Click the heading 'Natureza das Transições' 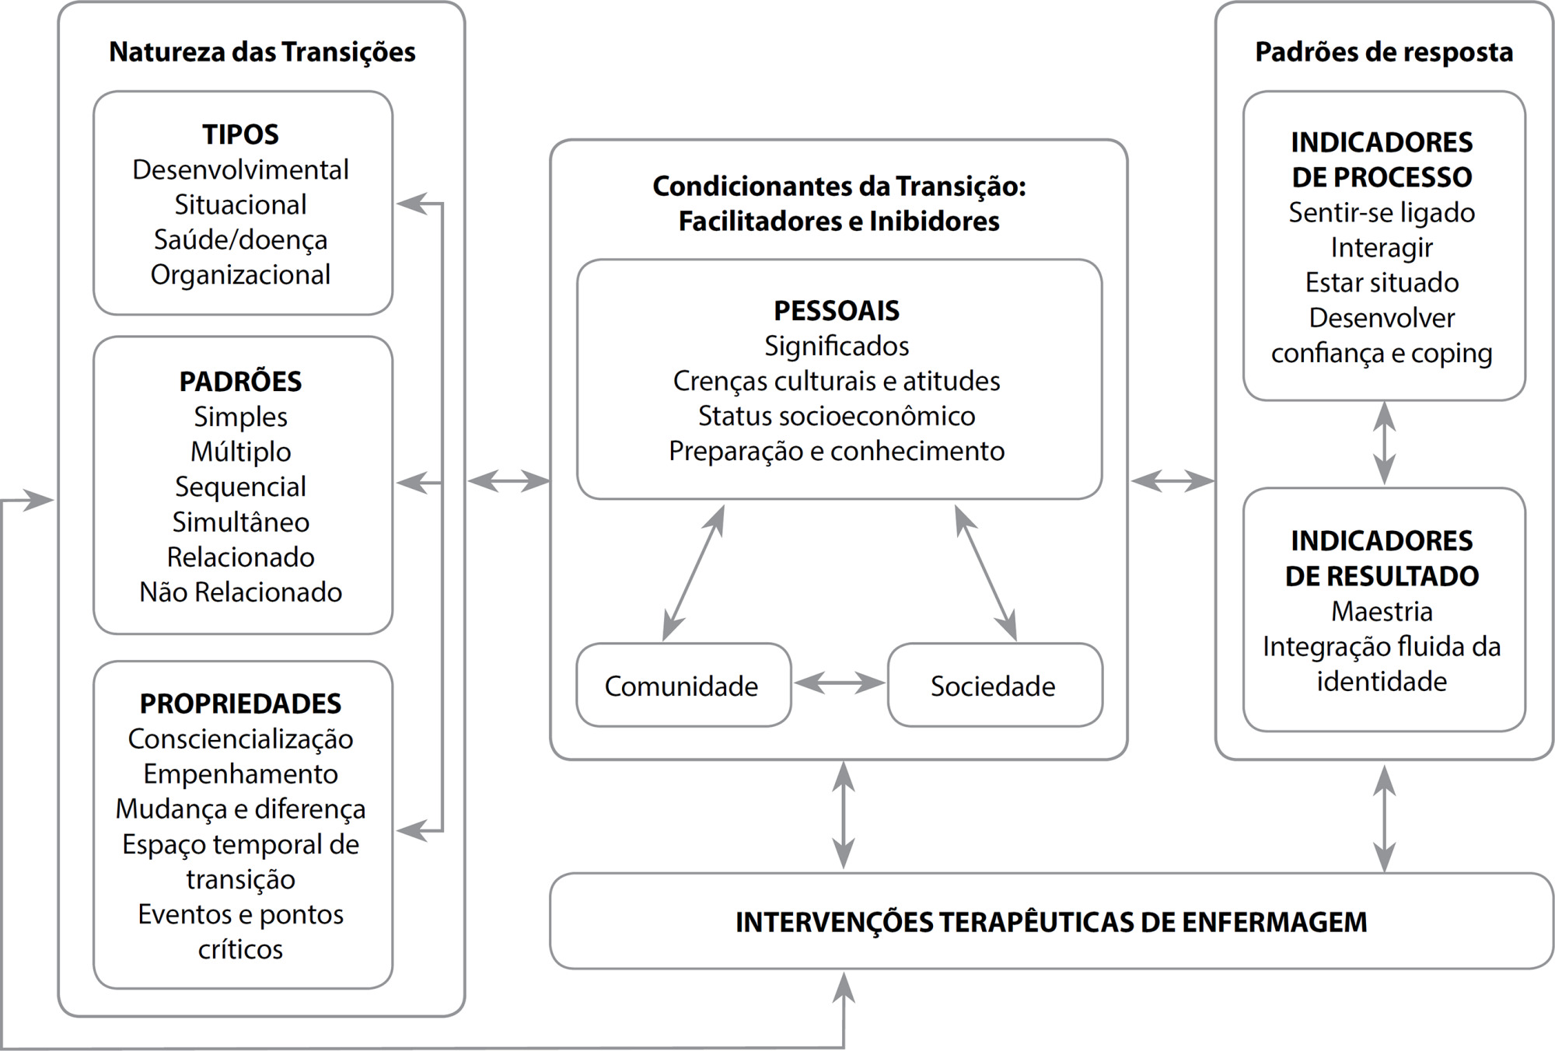pyautogui.click(x=262, y=52)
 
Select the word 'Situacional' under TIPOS pyautogui.click(x=240, y=204)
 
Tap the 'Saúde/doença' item pyautogui.click(x=240, y=239)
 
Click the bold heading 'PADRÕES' pyautogui.click(x=240, y=381)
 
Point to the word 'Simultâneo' pyautogui.click(x=240, y=522)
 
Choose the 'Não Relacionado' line pyautogui.click(x=240, y=592)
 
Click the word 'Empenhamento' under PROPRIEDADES pyautogui.click(x=240, y=774)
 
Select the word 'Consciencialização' pyautogui.click(x=240, y=739)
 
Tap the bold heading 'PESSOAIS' pyautogui.click(x=837, y=311)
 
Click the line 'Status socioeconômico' pyautogui.click(x=837, y=416)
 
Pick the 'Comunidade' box pyautogui.click(x=683, y=685)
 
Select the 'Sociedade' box pyautogui.click(x=995, y=685)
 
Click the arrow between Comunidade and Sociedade pyautogui.click(x=840, y=683)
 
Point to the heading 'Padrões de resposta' pyautogui.click(x=1384, y=52)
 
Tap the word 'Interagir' pyautogui.click(x=1382, y=247)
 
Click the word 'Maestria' pyautogui.click(x=1382, y=611)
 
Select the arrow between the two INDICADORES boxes pyautogui.click(x=1384, y=443)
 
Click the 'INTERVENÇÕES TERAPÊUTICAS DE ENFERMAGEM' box pyautogui.click(x=1051, y=921)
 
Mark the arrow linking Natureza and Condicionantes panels pyautogui.click(x=508, y=481)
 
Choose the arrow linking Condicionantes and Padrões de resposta pyautogui.click(x=1172, y=481)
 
